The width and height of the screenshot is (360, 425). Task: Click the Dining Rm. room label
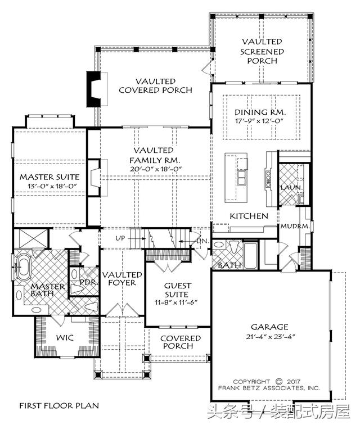click(x=260, y=112)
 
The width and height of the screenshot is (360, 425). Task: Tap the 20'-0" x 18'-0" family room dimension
click(x=155, y=169)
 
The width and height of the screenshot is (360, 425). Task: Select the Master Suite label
click(x=49, y=177)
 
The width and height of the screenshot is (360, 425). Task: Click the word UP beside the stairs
click(x=120, y=238)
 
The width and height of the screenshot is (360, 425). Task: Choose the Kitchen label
click(x=249, y=216)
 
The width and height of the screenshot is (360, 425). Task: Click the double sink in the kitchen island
click(x=241, y=178)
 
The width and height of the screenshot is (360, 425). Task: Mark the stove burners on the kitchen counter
click(x=268, y=178)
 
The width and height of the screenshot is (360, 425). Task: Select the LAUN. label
click(x=291, y=188)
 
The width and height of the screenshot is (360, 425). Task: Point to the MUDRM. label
click(x=295, y=226)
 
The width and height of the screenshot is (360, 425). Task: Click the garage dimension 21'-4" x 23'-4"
click(x=269, y=337)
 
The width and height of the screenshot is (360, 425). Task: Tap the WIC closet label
click(x=65, y=338)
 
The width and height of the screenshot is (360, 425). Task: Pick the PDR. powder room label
click(x=88, y=282)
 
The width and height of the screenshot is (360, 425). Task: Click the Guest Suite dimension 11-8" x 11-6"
click(x=176, y=302)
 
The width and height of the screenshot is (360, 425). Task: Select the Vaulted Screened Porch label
click(x=262, y=51)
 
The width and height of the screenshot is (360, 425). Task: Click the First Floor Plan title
click(x=59, y=406)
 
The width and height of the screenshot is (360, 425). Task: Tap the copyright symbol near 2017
click(x=279, y=382)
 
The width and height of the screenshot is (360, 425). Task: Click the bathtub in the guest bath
click(x=250, y=255)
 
